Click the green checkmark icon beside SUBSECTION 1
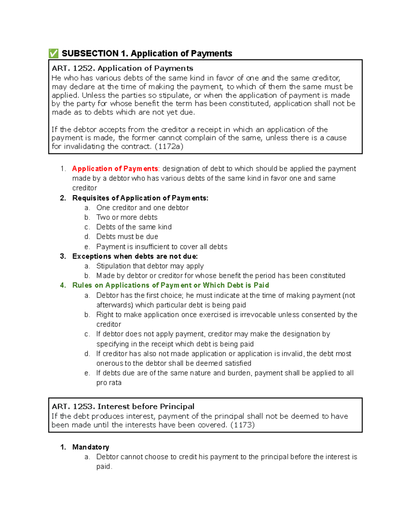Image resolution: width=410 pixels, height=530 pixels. (x=53, y=54)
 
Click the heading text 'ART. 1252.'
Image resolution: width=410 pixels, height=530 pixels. (x=73, y=69)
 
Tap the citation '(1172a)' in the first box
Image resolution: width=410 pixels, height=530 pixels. (x=169, y=147)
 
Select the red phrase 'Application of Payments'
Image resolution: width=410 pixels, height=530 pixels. (x=115, y=169)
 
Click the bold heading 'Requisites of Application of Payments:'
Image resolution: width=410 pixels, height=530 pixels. (x=140, y=198)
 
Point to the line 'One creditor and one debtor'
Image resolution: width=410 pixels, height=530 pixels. (x=142, y=208)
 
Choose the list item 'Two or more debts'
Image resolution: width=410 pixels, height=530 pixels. (x=127, y=217)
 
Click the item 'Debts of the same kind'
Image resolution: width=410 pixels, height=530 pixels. (x=134, y=227)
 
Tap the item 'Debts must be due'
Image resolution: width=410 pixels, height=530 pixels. (x=127, y=237)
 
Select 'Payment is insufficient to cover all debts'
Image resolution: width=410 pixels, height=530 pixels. (x=162, y=247)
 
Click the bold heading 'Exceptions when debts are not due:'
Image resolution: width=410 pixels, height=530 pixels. (x=135, y=256)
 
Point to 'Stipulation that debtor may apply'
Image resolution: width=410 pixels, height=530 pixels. (x=150, y=266)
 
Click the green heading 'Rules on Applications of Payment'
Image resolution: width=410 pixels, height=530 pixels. (x=170, y=285)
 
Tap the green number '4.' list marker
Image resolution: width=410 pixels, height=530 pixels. (x=63, y=285)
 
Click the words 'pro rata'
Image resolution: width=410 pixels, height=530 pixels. (x=109, y=383)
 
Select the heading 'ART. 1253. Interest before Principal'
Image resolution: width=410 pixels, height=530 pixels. (x=123, y=406)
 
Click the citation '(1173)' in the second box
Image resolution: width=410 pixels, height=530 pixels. (x=242, y=425)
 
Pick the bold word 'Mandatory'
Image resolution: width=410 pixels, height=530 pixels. (x=91, y=447)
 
